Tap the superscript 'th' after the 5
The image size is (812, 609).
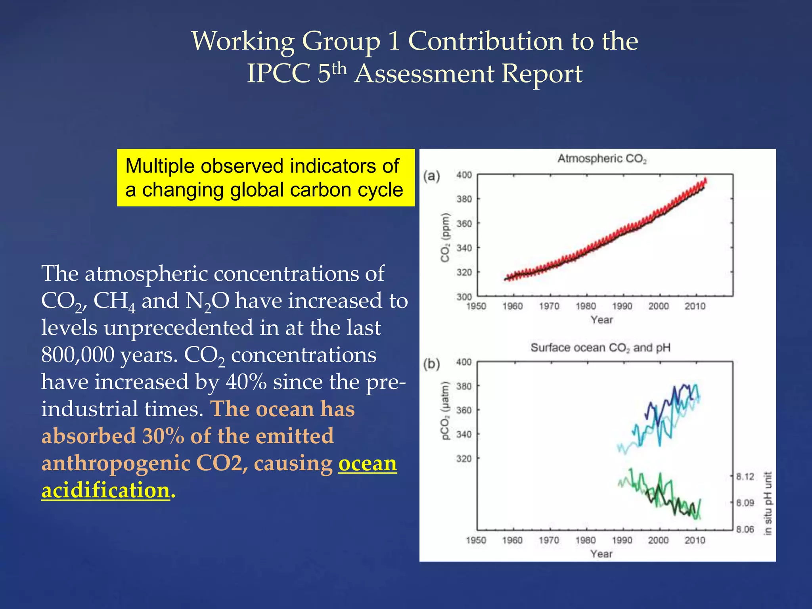click(x=339, y=69)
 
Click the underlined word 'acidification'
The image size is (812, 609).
click(x=106, y=490)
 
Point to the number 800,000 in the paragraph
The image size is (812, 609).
click(x=77, y=355)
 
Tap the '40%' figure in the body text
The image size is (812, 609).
click(x=246, y=382)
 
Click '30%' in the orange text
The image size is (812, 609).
click(x=163, y=436)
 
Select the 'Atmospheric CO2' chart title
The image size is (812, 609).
click(x=602, y=159)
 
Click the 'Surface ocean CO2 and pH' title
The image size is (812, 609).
click(x=600, y=348)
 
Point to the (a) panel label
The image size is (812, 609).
click(x=431, y=176)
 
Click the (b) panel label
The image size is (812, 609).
click(x=431, y=364)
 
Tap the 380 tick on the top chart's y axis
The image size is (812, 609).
click(x=464, y=199)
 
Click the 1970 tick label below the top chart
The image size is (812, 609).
click(x=549, y=306)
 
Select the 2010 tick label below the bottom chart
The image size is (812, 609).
click(x=695, y=540)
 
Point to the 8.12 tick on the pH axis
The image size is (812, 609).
click(x=745, y=477)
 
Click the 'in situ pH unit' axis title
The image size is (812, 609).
click(x=768, y=503)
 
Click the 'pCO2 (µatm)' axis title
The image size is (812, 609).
click(x=446, y=410)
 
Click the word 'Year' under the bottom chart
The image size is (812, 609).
click(x=601, y=554)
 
